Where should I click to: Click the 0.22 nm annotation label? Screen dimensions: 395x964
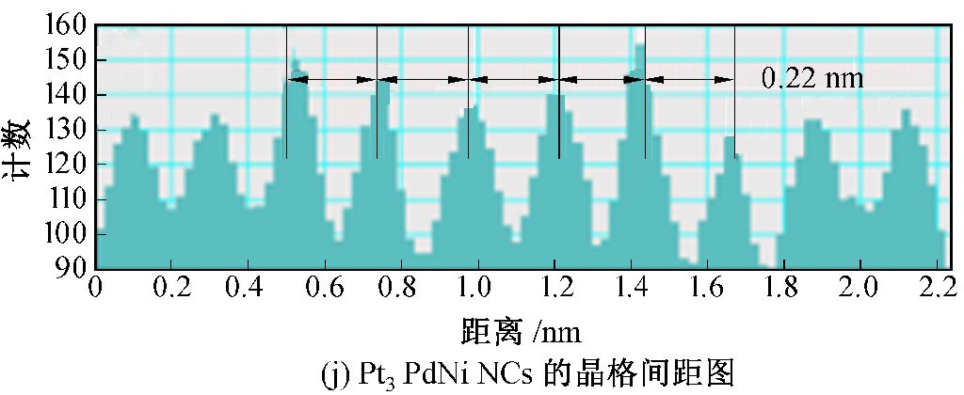pos(811,78)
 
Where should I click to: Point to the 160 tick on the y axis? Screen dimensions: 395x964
pos(67,25)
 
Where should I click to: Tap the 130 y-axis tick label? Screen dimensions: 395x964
pos(67,130)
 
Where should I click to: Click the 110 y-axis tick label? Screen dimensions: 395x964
pos(67,199)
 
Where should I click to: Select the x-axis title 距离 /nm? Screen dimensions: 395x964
pos(521,330)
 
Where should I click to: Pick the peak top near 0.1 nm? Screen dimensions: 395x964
pos(133,117)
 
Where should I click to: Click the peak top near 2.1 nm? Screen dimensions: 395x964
pos(906,112)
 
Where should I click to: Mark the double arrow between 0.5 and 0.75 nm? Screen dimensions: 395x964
pos(331,82)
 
